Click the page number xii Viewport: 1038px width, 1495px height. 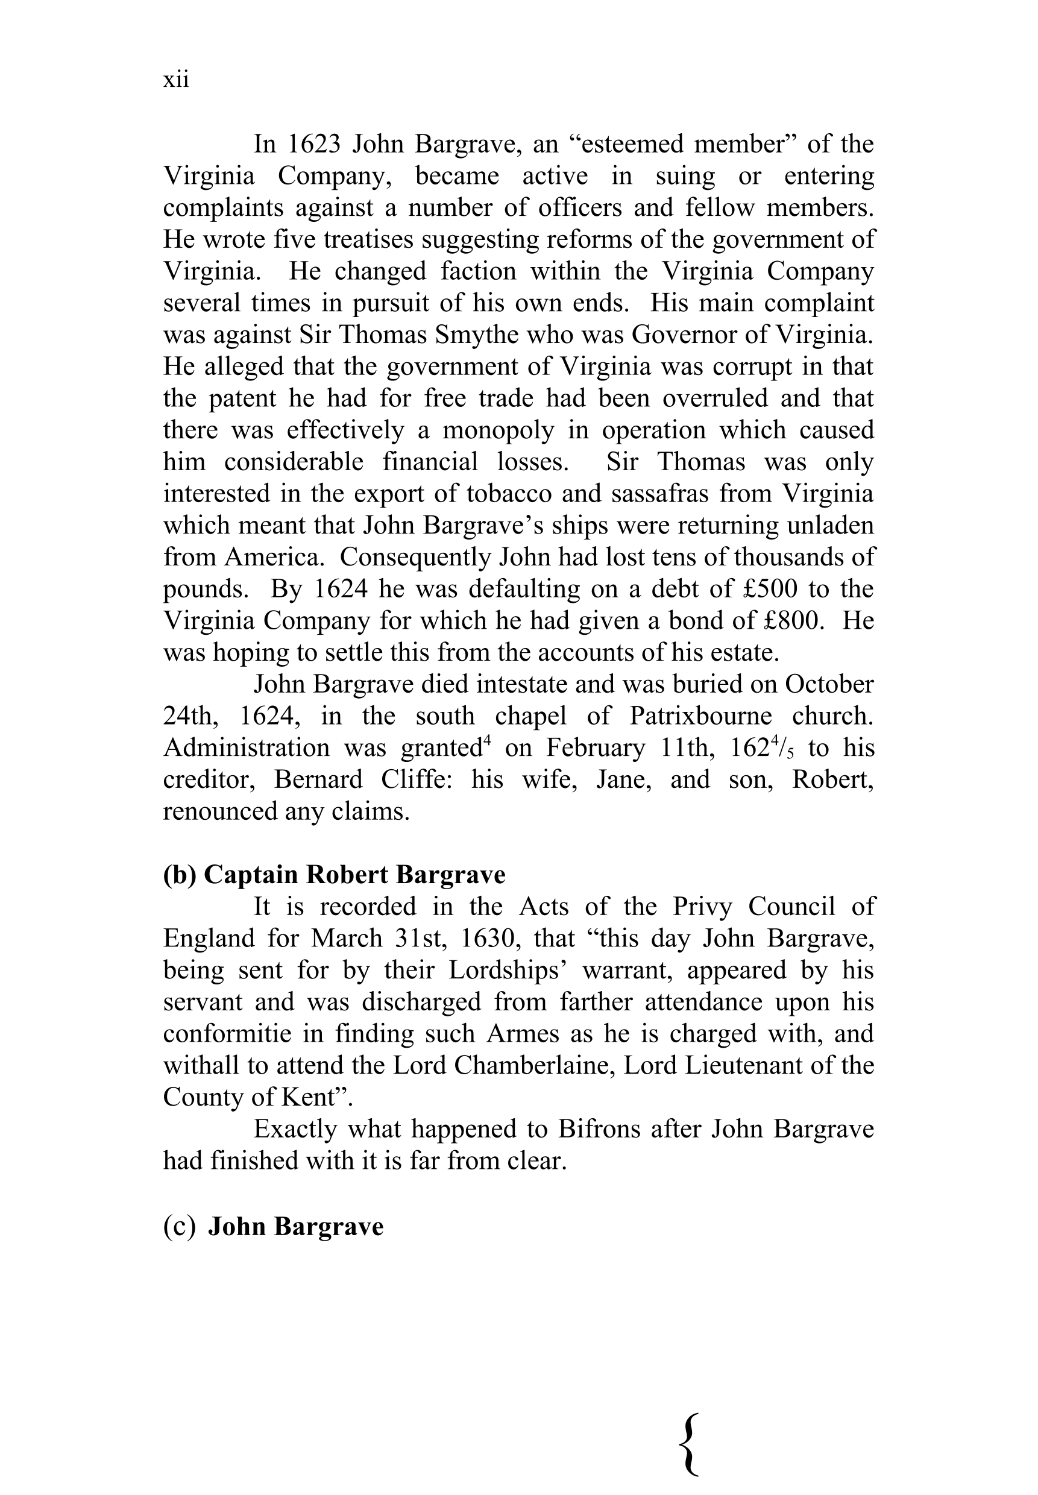(x=175, y=80)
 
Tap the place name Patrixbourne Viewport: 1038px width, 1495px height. (x=700, y=717)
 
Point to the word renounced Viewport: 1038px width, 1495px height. (x=220, y=812)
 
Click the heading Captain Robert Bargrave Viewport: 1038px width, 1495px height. (x=354, y=875)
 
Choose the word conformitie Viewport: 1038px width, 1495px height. (x=225, y=1034)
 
